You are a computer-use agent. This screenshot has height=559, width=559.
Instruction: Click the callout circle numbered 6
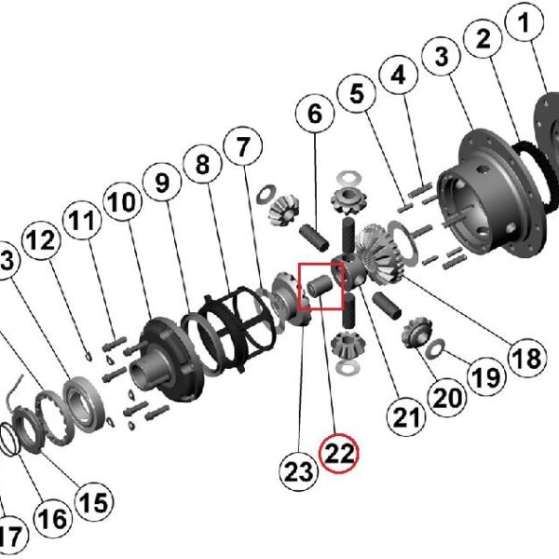(315, 116)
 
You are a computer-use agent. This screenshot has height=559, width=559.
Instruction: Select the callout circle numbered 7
(241, 147)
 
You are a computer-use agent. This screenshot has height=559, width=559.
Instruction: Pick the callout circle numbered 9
(162, 184)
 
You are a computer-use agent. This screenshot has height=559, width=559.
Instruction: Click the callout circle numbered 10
(121, 203)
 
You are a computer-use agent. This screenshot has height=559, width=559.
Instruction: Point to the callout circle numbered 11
(84, 224)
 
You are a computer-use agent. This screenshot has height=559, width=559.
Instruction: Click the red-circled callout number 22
(338, 454)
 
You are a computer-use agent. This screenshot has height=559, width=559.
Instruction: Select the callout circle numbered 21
(406, 416)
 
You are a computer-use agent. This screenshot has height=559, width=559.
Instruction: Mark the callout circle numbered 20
(447, 398)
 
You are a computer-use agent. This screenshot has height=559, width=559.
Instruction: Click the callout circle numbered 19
(484, 378)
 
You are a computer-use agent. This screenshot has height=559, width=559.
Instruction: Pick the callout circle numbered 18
(524, 356)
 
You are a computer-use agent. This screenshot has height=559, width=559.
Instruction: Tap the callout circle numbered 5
(357, 94)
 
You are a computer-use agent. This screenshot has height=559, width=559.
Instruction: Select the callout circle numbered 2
(484, 39)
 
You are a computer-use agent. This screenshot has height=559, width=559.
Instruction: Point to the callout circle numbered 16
(54, 518)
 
